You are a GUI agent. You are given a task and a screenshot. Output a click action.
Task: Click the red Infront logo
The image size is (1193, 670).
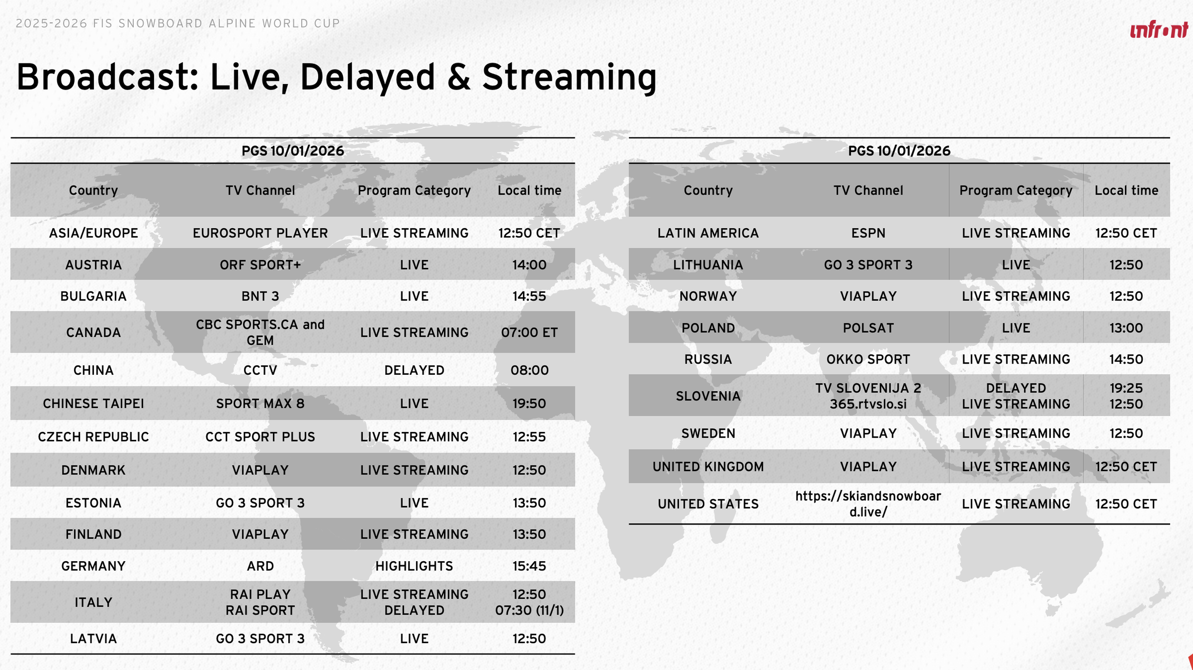[1159, 30]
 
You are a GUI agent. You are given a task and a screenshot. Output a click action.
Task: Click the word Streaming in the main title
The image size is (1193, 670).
[569, 78]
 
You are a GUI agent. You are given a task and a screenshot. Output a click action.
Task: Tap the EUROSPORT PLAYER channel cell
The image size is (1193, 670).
[260, 233]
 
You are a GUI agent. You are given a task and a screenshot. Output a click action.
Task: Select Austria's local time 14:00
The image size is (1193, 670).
[529, 265]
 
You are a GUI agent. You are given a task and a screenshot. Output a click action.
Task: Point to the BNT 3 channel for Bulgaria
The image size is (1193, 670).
[260, 296]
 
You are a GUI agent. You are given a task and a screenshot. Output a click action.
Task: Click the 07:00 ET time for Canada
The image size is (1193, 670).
[529, 333]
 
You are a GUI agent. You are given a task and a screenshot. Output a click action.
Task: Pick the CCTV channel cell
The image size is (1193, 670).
[260, 371]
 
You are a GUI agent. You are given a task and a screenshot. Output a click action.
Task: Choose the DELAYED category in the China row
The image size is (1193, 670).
[414, 371]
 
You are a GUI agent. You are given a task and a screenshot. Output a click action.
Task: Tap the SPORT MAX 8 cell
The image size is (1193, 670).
[260, 404]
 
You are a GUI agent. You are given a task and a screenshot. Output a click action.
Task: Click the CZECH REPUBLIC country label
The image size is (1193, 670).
[93, 436]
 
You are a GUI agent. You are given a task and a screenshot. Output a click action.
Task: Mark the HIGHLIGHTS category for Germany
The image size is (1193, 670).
[414, 566]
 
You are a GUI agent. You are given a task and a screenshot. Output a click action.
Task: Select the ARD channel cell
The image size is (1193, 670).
[260, 566]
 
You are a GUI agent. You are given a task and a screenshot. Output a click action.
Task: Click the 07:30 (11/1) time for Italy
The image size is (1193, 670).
[529, 610]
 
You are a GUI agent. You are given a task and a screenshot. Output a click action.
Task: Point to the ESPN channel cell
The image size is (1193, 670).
[868, 233]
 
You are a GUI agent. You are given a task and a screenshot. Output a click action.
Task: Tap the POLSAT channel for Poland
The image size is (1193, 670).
[868, 328]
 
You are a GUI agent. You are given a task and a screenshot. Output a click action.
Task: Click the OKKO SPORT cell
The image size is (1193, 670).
[868, 359]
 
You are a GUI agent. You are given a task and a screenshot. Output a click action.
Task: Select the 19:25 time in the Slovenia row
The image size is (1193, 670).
[1126, 388]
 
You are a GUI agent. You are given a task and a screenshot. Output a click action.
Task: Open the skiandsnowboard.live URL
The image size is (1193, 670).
[868, 504]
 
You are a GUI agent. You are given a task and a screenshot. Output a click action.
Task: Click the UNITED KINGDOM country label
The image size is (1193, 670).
[708, 467]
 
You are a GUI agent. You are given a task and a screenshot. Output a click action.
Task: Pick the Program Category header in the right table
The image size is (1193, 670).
[1016, 191]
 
